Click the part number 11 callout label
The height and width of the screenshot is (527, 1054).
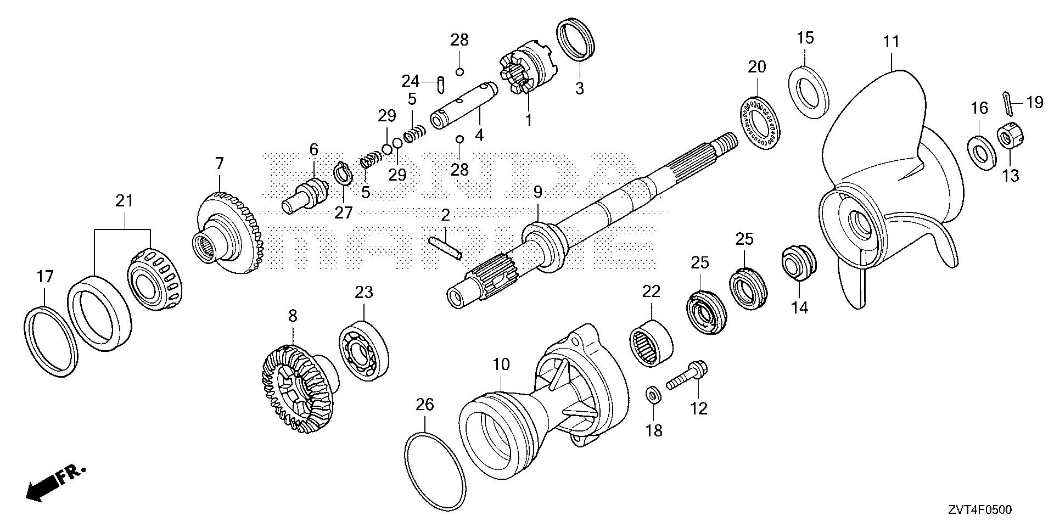tap(891, 41)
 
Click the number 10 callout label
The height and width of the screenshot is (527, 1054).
tap(501, 364)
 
